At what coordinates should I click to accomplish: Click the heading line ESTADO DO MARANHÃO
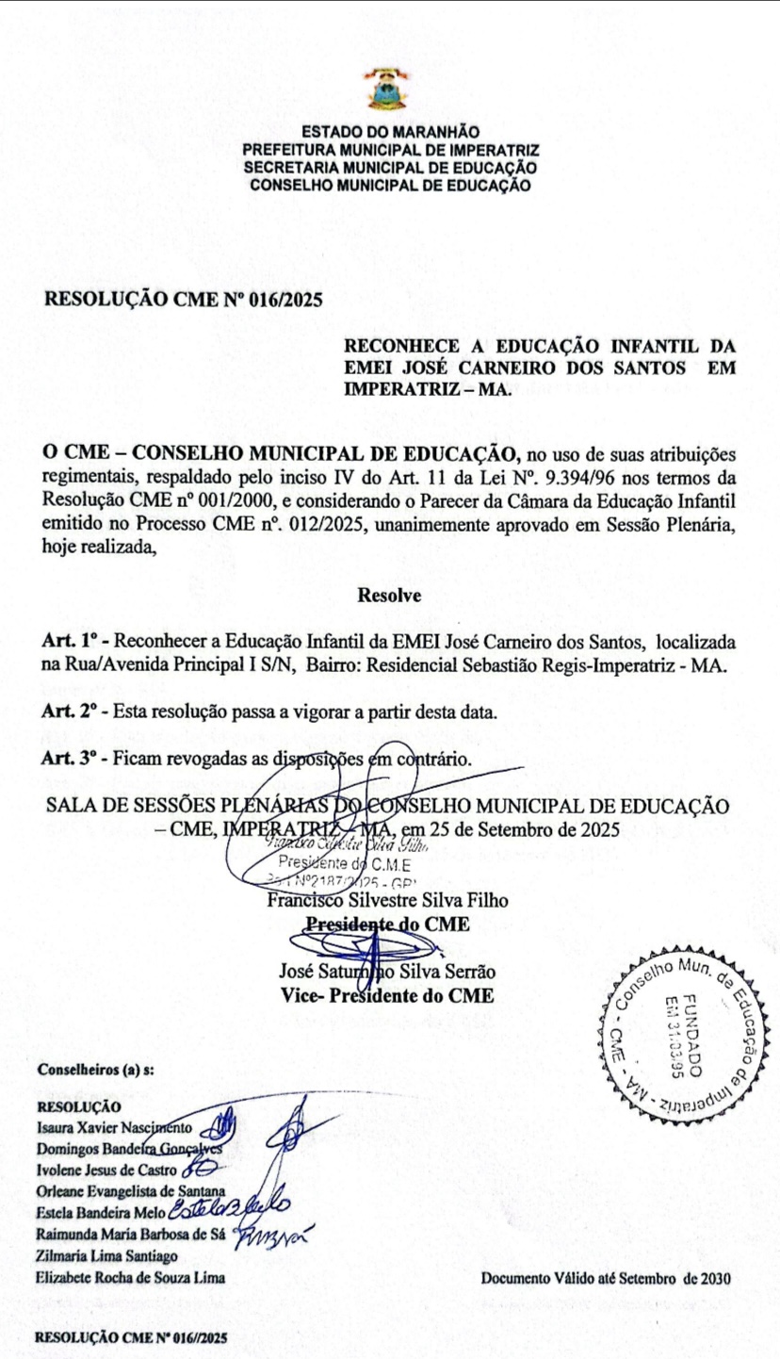coord(389,134)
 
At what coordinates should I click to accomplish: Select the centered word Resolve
coord(389,595)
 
